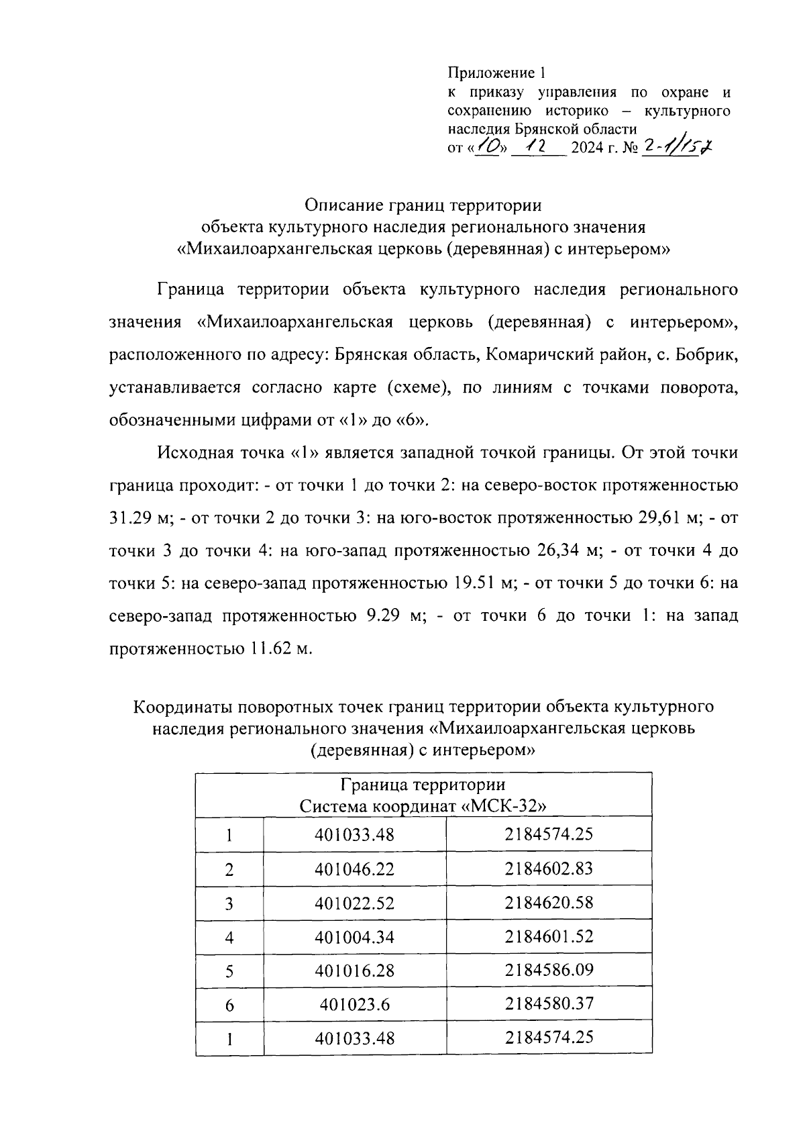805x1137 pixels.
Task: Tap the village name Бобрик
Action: (x=708, y=355)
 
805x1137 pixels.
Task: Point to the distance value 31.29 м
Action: (x=135, y=518)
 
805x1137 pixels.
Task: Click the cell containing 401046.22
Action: (x=354, y=870)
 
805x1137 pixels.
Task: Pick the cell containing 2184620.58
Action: (x=549, y=903)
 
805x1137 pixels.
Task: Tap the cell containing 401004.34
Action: (x=354, y=937)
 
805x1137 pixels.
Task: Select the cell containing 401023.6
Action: (x=354, y=1005)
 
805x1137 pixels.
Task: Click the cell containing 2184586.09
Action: (x=549, y=970)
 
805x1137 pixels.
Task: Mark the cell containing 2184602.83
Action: (x=549, y=869)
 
